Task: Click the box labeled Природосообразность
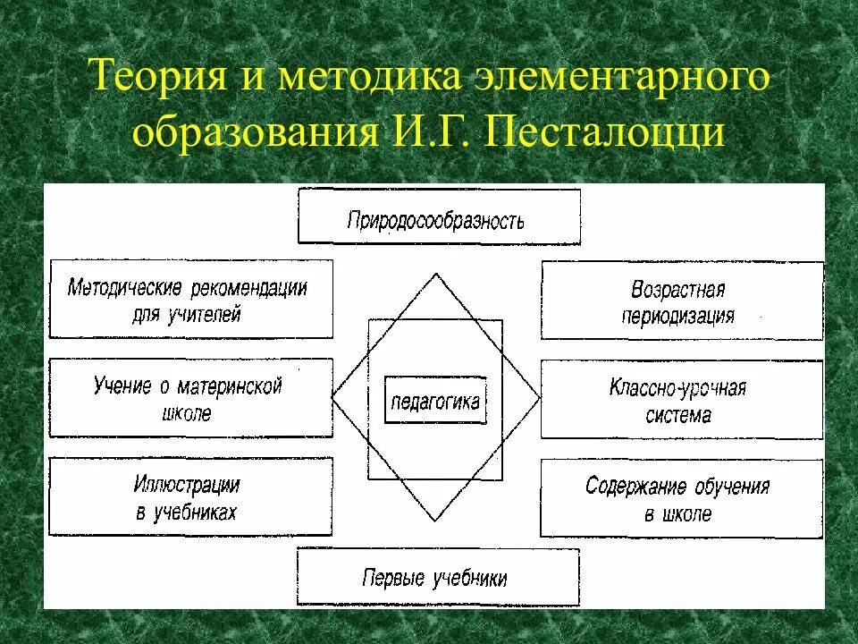pos(438,217)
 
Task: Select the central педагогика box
pos(435,402)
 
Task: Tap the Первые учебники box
pos(437,577)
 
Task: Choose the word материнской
pos(229,386)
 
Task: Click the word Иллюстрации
pos(187,485)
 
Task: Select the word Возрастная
pos(677,290)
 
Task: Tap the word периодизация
pos(678,316)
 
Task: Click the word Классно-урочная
pos(677,388)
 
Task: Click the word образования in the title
pos(255,133)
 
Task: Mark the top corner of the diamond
pos(436,275)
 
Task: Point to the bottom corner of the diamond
pos(436,521)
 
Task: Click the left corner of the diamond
pos(332,397)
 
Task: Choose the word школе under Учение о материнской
pos(187,414)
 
